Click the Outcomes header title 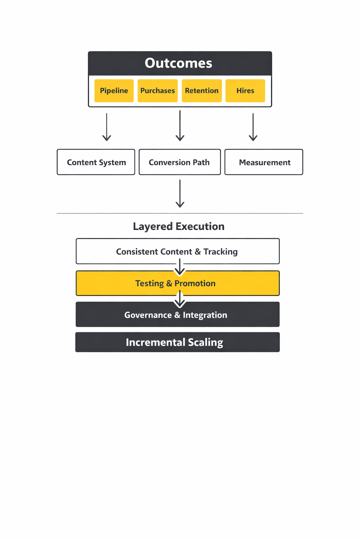178,63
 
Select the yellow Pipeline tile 114,91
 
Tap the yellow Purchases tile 157,91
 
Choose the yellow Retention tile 202,91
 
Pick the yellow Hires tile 245,91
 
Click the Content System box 96,162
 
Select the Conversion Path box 180,162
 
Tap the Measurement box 264,162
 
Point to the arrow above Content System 107,127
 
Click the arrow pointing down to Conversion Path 180,126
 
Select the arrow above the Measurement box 253,127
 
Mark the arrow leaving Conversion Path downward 180,194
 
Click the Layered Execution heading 179,226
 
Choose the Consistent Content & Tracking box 178,251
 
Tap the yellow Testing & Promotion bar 178,283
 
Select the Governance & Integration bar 178,315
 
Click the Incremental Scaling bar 178,342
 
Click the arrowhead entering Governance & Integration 180,303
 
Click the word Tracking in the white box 220,252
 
